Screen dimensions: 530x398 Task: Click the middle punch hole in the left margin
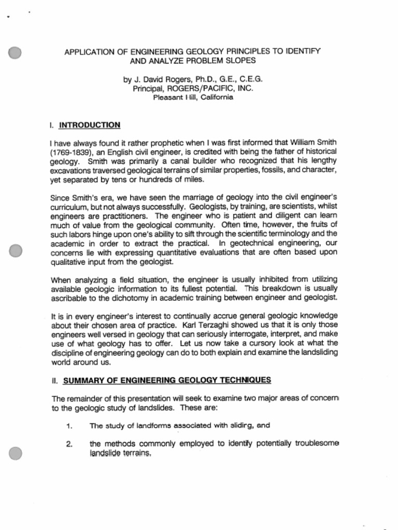pos(16,251)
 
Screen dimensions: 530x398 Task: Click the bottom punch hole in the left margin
pos(16,453)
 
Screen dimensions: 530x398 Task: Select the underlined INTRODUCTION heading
pos(90,125)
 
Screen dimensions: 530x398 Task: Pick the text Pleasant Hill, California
pos(193,97)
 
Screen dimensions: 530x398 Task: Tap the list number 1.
pos(69,426)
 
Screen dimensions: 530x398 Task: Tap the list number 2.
pos(69,444)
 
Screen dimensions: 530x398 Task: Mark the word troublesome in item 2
pos(315,444)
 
